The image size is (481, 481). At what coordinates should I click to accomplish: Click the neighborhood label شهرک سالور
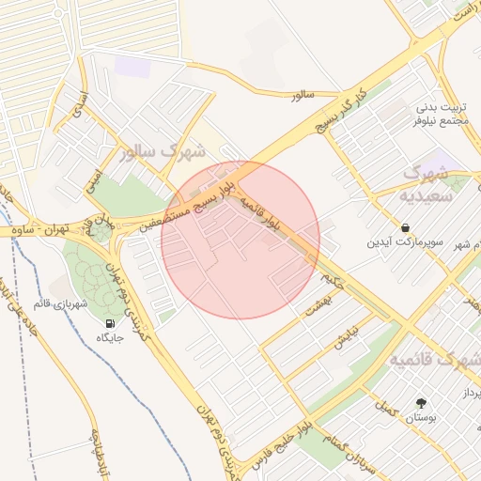pyautogui.click(x=168, y=151)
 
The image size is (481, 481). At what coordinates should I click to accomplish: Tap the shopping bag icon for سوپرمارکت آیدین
pyautogui.click(x=404, y=227)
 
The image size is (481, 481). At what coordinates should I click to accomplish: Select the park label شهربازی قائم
pyautogui.click(x=60, y=303)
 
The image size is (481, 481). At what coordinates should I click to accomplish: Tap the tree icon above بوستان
pyautogui.click(x=420, y=402)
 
